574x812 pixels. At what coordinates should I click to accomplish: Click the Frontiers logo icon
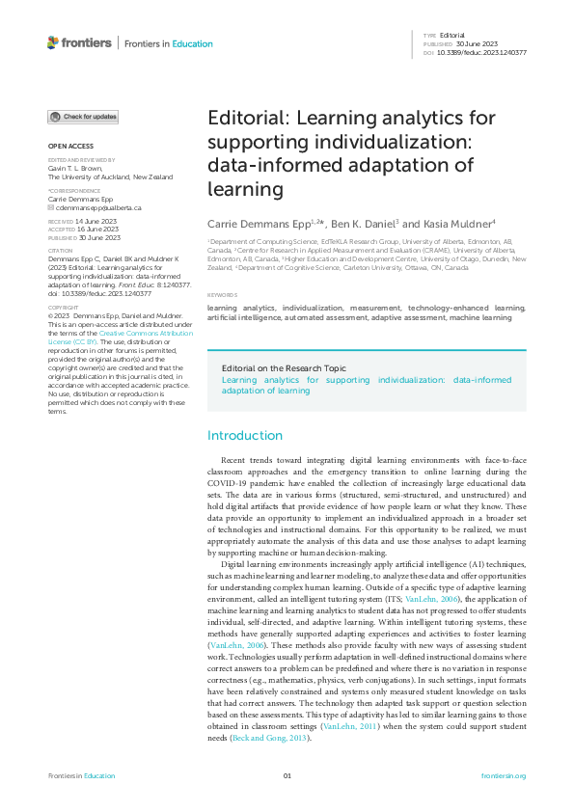pos(53,42)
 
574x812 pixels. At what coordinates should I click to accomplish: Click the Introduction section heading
pos(246,435)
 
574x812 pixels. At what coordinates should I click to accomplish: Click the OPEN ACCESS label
pos(65,146)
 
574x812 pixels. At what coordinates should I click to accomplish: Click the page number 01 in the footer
pos(287,775)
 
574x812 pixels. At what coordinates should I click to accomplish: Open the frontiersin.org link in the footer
pos(503,775)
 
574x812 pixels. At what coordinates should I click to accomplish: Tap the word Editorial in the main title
pos(246,119)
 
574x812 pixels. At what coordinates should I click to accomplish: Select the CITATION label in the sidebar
pos(60,248)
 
